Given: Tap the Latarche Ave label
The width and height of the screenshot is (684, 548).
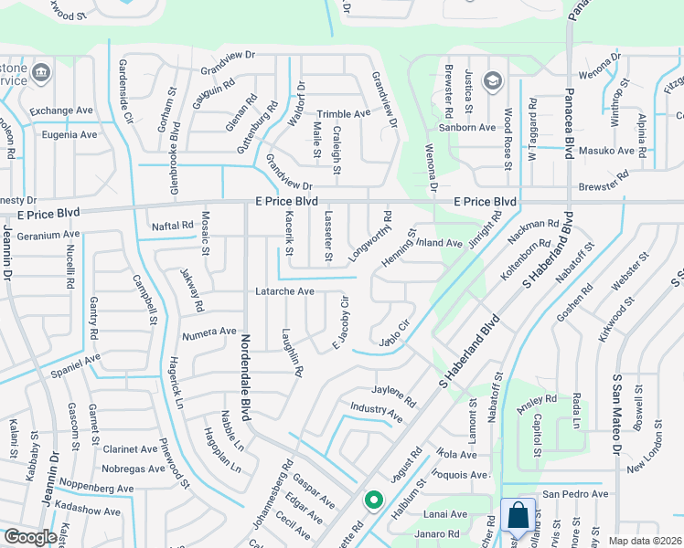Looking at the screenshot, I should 284,292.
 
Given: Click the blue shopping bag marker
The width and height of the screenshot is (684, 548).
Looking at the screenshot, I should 518,516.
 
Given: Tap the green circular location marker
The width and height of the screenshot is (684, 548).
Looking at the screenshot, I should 373,500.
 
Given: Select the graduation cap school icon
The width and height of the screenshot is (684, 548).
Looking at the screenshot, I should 492,81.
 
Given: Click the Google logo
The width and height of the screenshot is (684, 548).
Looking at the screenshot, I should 30,537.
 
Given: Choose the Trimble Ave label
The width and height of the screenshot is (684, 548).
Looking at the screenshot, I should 343,113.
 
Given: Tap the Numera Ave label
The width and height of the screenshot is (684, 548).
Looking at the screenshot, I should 209,332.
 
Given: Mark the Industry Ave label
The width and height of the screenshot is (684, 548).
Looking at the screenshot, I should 377,412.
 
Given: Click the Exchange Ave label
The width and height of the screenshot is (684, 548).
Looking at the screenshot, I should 62,111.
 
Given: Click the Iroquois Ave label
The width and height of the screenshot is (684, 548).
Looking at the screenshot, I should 461,475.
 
